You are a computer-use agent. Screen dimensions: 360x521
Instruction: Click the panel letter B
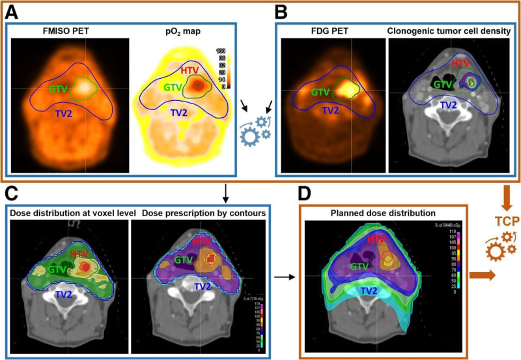(x=283, y=10)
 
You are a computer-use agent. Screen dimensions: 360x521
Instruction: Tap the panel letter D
(x=306, y=194)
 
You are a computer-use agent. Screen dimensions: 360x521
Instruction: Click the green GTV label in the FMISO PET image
(x=58, y=88)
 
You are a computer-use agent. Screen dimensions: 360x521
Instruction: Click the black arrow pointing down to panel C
(x=225, y=192)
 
